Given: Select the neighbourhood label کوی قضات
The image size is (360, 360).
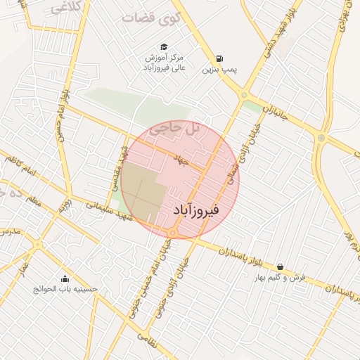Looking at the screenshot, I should point(150,18).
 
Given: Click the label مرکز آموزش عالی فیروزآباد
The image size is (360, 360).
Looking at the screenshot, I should point(163,62).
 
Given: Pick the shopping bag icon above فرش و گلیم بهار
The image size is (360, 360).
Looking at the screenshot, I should point(281,266).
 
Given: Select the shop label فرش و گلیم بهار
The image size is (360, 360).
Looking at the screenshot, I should point(281,278).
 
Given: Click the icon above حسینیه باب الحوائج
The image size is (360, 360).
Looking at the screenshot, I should point(65,278).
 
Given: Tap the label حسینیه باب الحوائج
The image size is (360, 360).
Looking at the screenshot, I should point(66,289).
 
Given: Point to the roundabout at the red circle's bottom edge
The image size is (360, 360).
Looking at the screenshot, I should point(172,232).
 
